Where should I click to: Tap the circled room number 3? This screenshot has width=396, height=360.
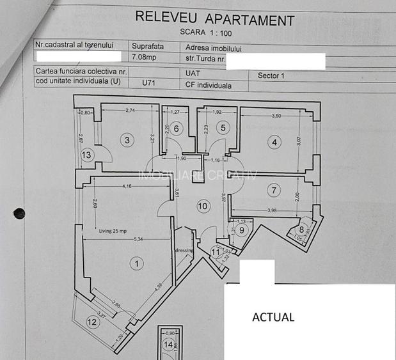128,140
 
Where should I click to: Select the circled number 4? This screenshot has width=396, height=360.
274,143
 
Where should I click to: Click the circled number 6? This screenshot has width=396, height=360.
177,128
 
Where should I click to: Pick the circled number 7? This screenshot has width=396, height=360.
274,189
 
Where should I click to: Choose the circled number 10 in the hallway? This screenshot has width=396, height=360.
203,206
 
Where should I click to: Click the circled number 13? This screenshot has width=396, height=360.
86,154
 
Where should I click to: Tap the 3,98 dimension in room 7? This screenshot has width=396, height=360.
272,211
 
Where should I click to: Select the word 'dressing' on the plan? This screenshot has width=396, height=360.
184,250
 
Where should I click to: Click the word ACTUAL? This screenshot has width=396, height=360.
273,317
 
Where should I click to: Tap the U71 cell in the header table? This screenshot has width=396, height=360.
149,83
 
